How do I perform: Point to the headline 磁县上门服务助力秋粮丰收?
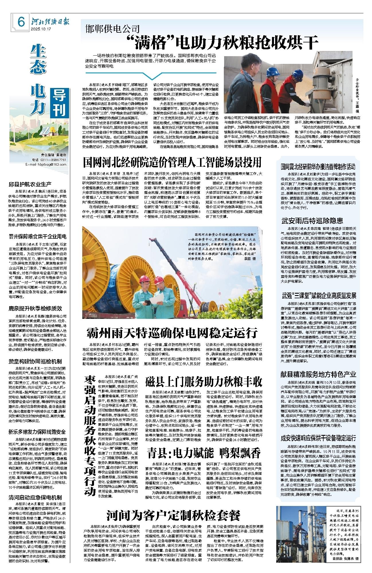(203, 381)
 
